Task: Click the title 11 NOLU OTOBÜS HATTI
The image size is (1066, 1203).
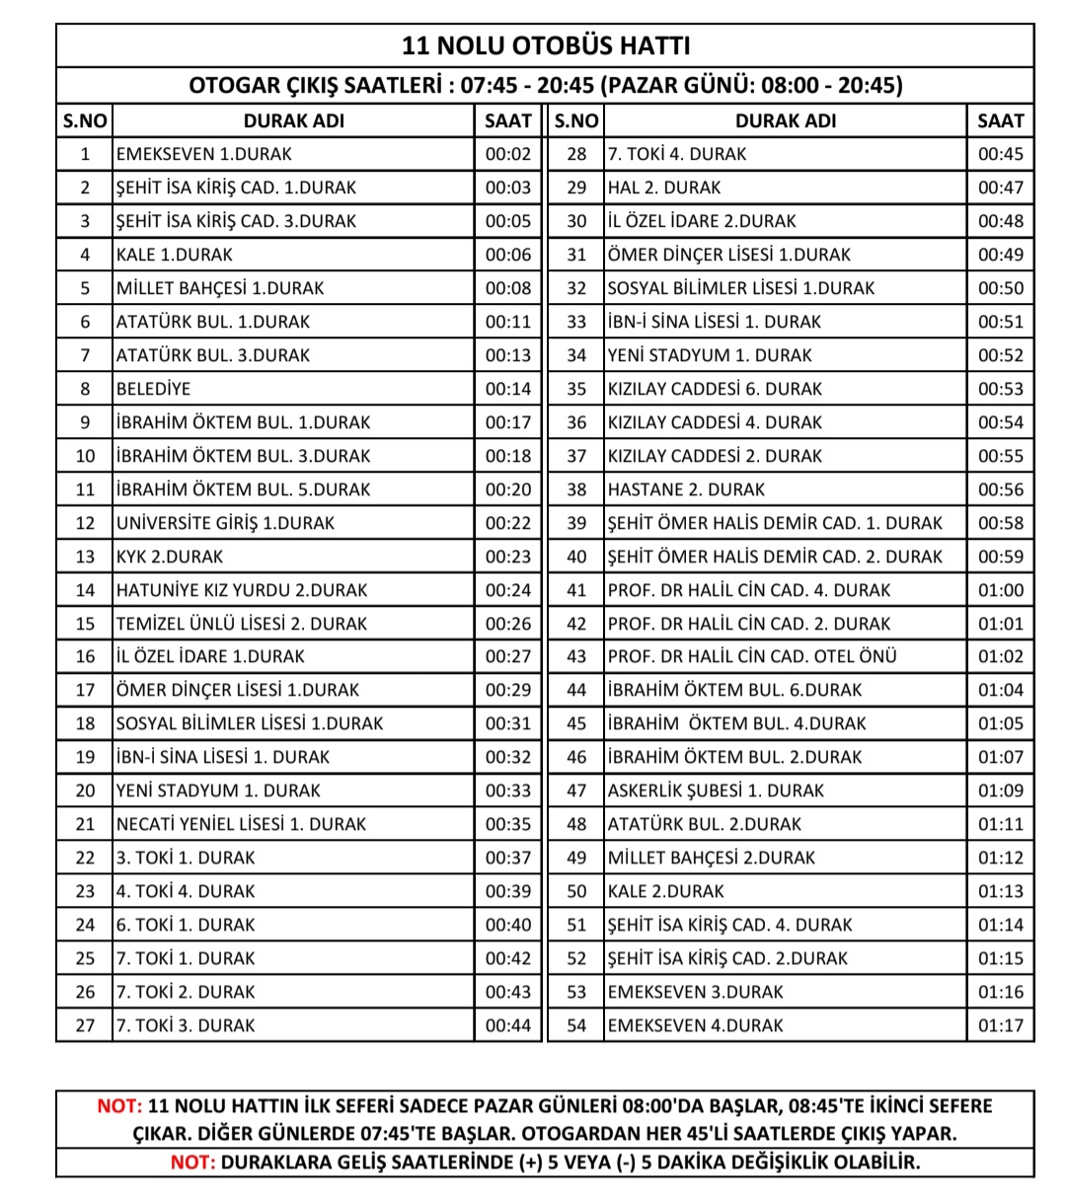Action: pos(546,46)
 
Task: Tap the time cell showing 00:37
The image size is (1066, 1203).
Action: pos(507,858)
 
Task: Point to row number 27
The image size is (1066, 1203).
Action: pos(85,1025)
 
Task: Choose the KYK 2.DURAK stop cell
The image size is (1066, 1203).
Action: pos(170,557)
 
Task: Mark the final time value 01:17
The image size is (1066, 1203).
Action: pos(1000,1025)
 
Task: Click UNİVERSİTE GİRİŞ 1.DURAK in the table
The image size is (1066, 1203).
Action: pos(225,523)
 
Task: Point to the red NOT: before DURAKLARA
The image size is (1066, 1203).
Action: pos(192,1162)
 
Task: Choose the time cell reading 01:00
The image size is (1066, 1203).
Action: pos(1000,590)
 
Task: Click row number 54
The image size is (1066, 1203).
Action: pos(576,1025)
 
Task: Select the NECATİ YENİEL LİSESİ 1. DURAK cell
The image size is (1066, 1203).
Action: pos(241,824)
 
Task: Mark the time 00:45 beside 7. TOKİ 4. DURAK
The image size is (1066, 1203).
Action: pos(1000,154)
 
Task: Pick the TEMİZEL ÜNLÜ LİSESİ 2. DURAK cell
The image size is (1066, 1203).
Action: pos(241,624)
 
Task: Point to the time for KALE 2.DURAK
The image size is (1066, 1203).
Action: pos(1000,891)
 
